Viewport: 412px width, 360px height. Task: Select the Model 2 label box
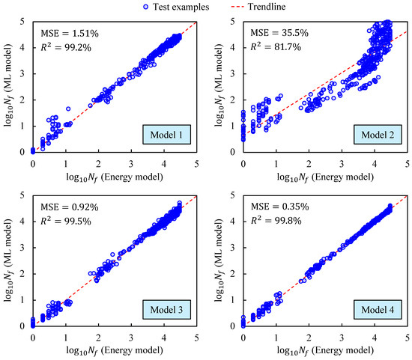pyautogui.click(x=370, y=135)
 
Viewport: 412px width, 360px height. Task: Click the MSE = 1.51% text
pyautogui.click(x=70, y=34)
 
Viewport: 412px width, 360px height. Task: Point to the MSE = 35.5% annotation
pyautogui.click(x=279, y=34)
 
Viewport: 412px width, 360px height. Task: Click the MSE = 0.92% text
pyautogui.click(x=70, y=209)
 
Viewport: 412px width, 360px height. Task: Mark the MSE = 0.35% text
pyautogui.click(x=279, y=209)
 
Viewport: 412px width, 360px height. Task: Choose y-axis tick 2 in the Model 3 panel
pyautogui.click(x=23, y=274)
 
